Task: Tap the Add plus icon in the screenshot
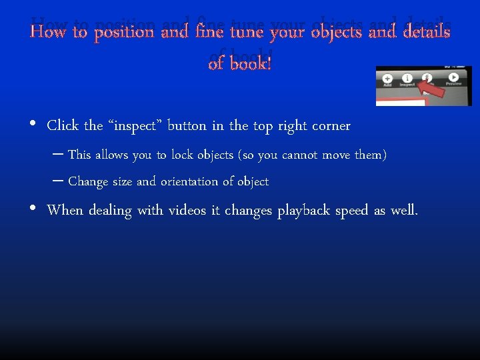tap(387, 77)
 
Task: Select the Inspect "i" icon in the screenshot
tap(407, 77)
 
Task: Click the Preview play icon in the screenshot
tap(453, 77)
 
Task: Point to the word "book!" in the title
tap(250, 64)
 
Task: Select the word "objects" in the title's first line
tap(330, 32)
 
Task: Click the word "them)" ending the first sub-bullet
tap(371, 155)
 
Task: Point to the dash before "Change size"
tap(57, 181)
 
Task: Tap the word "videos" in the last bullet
tap(188, 211)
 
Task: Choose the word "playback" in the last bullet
tap(304, 211)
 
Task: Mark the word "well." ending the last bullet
tap(404, 211)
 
